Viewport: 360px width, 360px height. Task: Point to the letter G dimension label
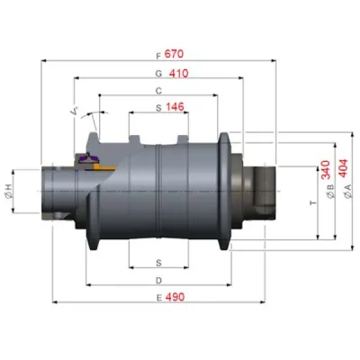[x=158, y=73]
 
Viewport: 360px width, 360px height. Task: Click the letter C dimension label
[x=158, y=91]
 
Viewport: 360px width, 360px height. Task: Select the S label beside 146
[x=158, y=108]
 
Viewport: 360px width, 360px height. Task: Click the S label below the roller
[x=158, y=264]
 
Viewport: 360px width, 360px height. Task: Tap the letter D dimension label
[x=158, y=281]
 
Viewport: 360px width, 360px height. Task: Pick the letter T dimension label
[x=313, y=203]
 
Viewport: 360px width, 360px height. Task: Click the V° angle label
[x=74, y=112]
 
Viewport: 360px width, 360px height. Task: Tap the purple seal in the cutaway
[x=88, y=158]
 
